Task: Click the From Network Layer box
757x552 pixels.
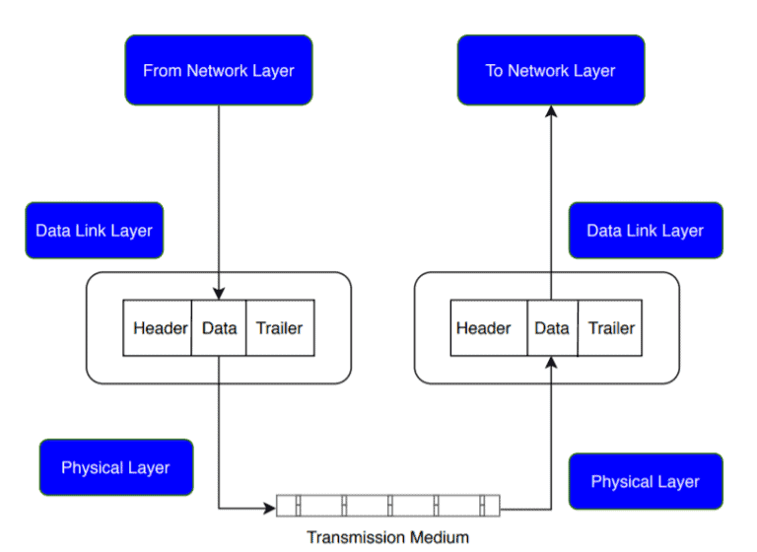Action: point(218,70)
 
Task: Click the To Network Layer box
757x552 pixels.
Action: point(550,70)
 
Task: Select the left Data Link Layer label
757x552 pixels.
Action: point(94,231)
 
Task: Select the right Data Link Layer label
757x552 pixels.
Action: point(645,231)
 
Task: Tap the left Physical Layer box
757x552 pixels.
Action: point(115,467)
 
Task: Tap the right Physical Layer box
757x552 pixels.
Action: point(645,481)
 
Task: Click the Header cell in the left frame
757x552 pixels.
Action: point(158,327)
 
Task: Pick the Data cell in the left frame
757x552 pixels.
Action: point(219,327)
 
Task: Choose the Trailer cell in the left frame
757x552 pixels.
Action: point(280,327)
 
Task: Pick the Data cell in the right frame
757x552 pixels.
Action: point(551,327)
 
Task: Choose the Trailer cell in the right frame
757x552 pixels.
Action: point(611,327)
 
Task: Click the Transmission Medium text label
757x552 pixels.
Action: point(387,537)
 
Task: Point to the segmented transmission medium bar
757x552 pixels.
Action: point(387,506)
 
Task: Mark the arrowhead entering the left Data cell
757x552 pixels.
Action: point(219,294)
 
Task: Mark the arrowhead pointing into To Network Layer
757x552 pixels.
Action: point(551,111)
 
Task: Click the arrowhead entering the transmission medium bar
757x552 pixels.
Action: point(269,509)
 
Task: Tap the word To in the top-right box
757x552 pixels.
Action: point(494,70)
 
